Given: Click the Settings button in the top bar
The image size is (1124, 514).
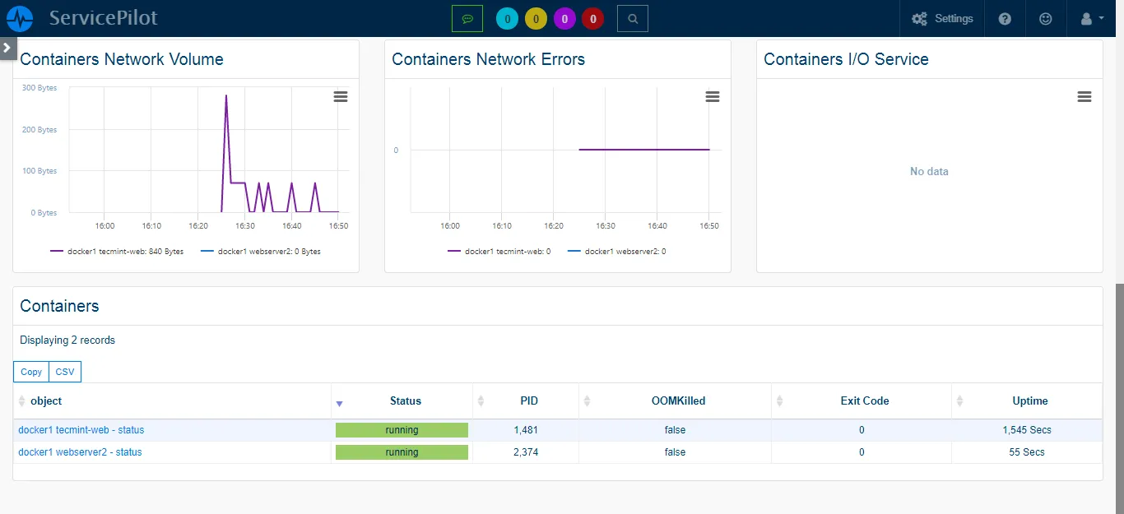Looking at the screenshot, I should (942, 18).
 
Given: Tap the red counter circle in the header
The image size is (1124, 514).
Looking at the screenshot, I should (592, 18).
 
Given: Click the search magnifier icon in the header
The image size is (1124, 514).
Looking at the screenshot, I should (632, 18).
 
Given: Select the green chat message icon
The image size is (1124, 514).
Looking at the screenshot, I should (467, 18).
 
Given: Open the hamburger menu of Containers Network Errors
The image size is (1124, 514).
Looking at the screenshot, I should (713, 97).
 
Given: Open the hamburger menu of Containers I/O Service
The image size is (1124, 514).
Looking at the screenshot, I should (1085, 97).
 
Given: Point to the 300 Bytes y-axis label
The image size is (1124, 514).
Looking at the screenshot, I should (39, 88).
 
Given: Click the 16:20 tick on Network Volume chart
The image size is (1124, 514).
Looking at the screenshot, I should (197, 225).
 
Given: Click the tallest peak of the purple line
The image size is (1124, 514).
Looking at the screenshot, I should (226, 96).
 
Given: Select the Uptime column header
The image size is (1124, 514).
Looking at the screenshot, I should (1029, 401).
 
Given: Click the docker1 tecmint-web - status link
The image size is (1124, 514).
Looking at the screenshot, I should (81, 430).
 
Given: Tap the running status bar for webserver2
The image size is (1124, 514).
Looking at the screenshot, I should (402, 452).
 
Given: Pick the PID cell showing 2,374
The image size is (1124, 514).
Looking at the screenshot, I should (525, 452).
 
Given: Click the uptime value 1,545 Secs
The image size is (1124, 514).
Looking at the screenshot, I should (1026, 430).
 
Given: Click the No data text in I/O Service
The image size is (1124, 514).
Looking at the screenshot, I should (929, 172).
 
